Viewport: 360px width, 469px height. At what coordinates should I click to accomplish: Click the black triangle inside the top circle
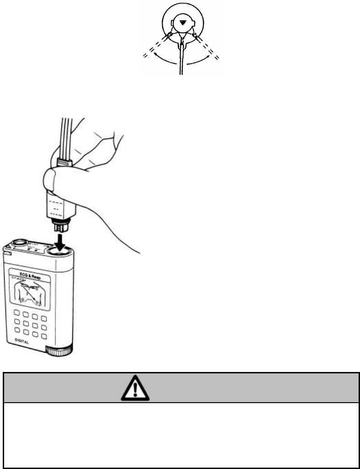pos(183,22)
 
